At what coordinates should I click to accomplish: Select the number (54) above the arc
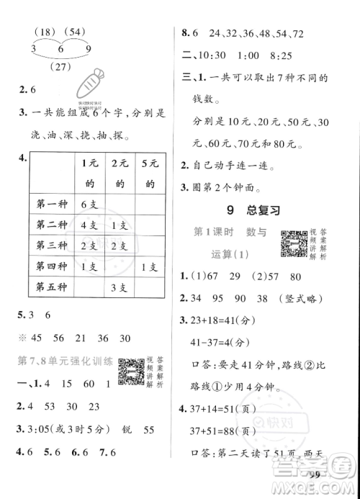click(73, 32)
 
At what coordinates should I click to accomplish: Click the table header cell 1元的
click(91, 173)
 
